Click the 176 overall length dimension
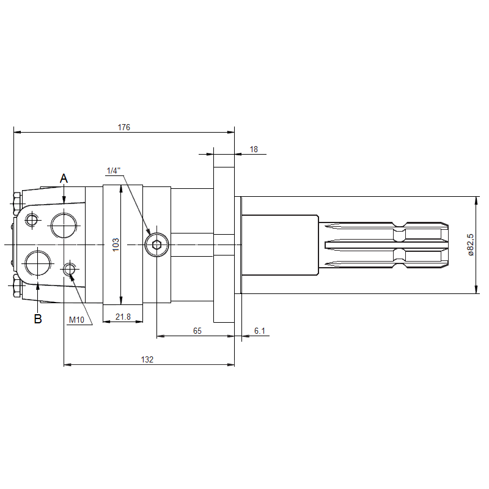[x=124, y=127]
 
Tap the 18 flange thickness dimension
[x=254, y=149]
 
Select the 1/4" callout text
[x=114, y=171]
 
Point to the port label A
[x=64, y=178]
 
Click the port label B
[x=38, y=319]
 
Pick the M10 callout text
[x=76, y=320]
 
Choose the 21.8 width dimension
[x=123, y=317]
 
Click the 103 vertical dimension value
[x=116, y=245]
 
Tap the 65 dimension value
[x=197, y=331]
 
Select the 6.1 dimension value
[x=259, y=331]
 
